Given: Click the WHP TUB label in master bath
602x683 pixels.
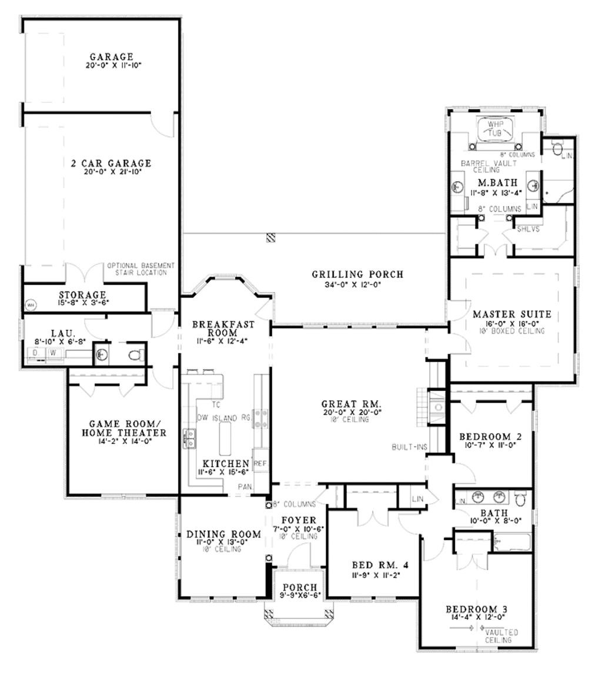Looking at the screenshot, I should click(x=494, y=130).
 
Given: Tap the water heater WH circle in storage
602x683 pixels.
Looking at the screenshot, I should click(x=29, y=304).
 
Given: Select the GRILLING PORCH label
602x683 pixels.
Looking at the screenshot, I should click(x=357, y=274).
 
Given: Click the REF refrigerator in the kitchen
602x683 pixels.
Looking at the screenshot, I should click(x=260, y=463).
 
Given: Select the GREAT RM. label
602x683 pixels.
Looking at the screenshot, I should click(x=352, y=404).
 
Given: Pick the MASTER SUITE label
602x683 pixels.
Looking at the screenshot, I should click(x=512, y=314).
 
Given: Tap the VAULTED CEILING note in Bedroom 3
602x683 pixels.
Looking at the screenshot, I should click(x=501, y=635).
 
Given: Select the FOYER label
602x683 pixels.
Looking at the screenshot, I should click(x=299, y=520).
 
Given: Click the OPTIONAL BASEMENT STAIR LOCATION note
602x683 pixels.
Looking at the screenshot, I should click(x=141, y=269).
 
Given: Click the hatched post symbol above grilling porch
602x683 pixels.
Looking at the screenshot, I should click(x=270, y=237).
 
